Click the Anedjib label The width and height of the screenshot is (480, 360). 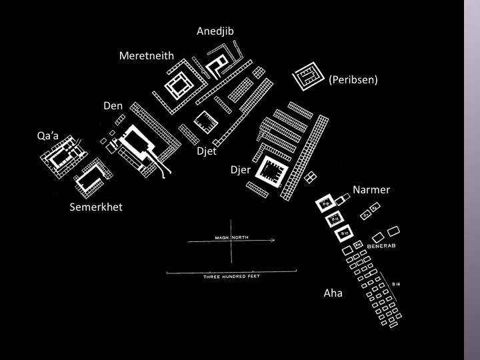pyautogui.click(x=215, y=31)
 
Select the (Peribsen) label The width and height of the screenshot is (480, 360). pyautogui.click(x=353, y=80)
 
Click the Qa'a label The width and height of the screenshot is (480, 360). pyautogui.click(x=48, y=136)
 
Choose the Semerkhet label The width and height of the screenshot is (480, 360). pyautogui.click(x=96, y=207)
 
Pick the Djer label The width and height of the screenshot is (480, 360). pyautogui.click(x=240, y=169)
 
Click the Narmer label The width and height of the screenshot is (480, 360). pyautogui.click(x=371, y=190)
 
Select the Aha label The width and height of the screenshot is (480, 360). pyautogui.click(x=333, y=293)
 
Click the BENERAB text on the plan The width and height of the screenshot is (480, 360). pyautogui.click(x=381, y=246)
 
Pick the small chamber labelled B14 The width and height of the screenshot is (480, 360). pyautogui.click(x=358, y=245)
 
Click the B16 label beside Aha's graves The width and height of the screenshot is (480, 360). pyautogui.click(x=396, y=284)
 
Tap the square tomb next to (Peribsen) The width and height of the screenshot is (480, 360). pyautogui.click(x=307, y=80)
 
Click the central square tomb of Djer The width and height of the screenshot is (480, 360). pyautogui.click(x=272, y=175)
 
